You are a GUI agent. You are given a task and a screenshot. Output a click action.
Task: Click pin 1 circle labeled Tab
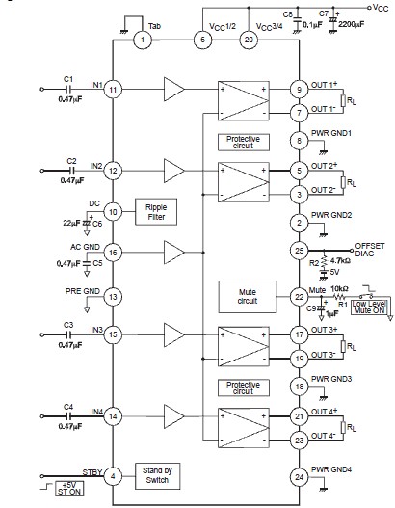(x=143, y=40)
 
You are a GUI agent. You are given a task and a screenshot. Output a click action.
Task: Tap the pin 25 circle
(x=300, y=251)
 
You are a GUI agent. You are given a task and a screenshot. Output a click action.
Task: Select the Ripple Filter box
(x=156, y=212)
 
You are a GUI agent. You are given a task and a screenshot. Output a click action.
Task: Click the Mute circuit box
(x=248, y=297)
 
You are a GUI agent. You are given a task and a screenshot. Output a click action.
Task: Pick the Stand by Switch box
(x=157, y=476)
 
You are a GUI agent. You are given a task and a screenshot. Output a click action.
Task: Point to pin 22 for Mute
(x=300, y=297)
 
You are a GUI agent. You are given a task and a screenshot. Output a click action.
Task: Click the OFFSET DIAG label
(x=370, y=250)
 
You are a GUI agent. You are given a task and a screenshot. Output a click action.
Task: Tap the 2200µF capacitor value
(x=352, y=24)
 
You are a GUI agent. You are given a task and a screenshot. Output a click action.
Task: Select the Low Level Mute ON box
(x=369, y=307)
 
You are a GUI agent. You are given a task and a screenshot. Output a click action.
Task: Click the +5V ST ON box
(x=69, y=488)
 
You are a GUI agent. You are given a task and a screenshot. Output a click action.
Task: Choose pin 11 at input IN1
(x=113, y=90)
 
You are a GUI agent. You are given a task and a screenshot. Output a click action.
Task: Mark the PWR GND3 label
(x=331, y=379)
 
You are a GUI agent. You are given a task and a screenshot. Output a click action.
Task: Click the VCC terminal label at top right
(x=381, y=8)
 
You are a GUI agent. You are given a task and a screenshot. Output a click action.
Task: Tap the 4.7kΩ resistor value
(x=341, y=260)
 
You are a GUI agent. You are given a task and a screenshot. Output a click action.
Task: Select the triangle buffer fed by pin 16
(x=173, y=253)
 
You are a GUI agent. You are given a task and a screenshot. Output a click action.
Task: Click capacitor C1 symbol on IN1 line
(x=68, y=89)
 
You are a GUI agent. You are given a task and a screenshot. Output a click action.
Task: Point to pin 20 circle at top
(x=249, y=40)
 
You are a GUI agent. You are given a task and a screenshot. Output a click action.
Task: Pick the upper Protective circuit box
(x=244, y=143)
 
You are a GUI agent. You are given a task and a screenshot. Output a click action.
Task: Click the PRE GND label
(x=83, y=291)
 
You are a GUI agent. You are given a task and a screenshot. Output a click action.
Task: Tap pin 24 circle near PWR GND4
(x=300, y=477)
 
